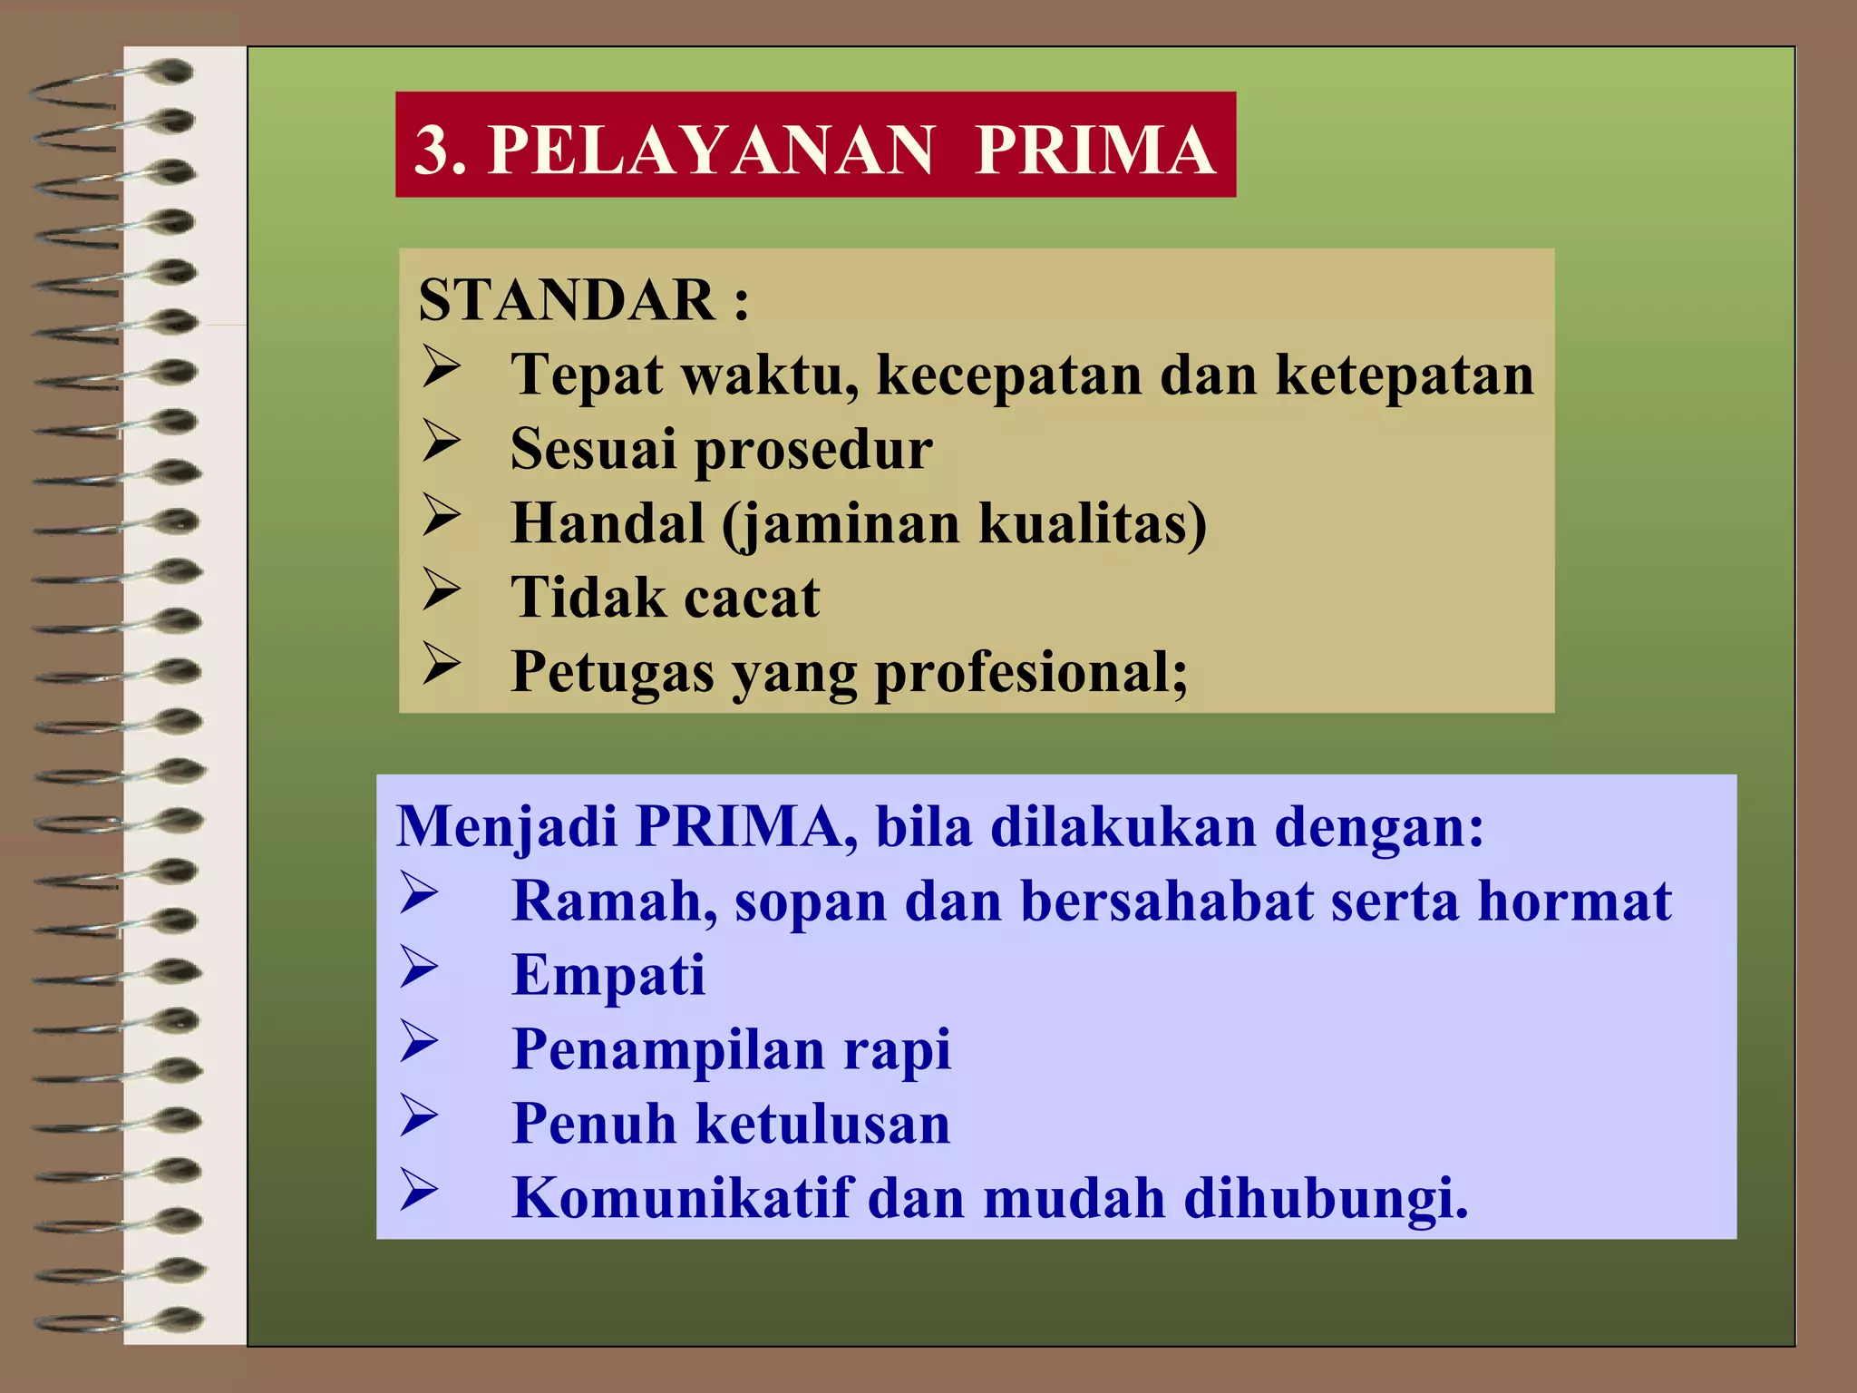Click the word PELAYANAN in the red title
point(711,150)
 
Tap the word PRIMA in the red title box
point(1094,150)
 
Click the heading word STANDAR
point(567,300)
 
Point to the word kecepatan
point(1008,375)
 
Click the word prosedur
point(812,450)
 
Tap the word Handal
point(608,523)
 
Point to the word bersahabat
point(1167,901)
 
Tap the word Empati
point(608,976)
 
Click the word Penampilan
point(668,1050)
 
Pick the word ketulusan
point(823,1124)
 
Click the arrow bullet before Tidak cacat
point(442,589)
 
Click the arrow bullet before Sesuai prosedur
point(442,441)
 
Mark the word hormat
point(1574,901)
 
